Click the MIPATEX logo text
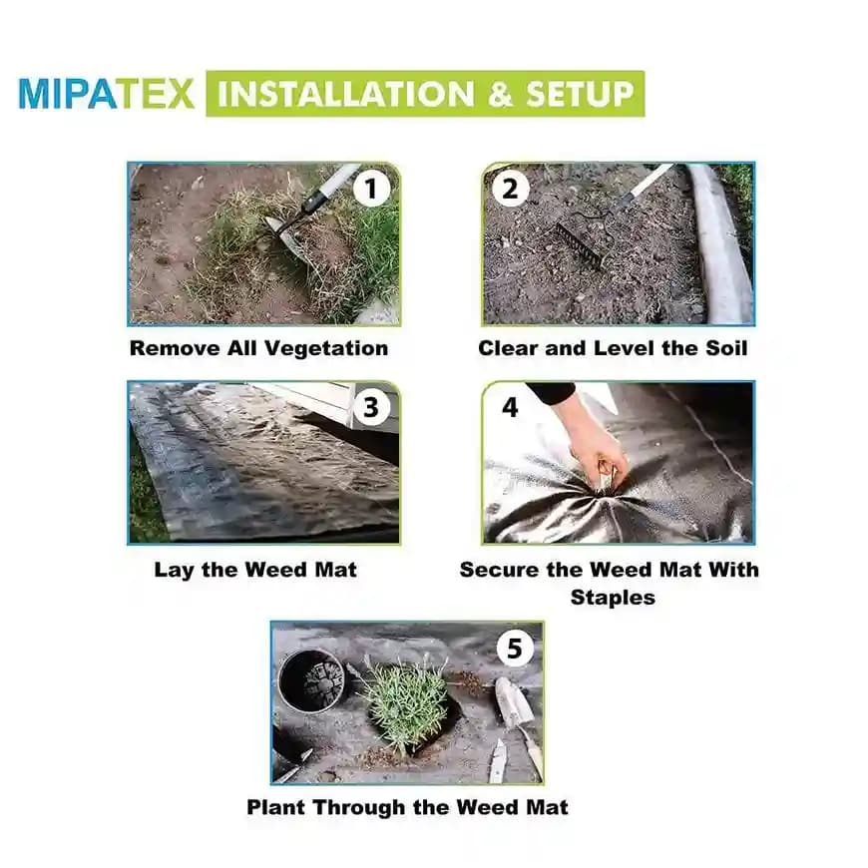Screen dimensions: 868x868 point(107,94)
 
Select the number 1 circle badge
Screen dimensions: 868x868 point(371,189)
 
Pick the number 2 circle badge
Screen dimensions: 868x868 point(510,189)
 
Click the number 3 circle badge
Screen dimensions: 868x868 point(371,407)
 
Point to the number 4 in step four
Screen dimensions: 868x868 point(510,407)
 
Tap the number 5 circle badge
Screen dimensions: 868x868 point(514,650)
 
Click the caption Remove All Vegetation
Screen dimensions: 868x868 point(258,348)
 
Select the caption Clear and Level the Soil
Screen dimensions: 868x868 point(613,348)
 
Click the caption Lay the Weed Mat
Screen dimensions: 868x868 point(254,570)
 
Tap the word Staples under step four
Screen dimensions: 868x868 point(613,597)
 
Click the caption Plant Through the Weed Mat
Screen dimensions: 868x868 point(407,806)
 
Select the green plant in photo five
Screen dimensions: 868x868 point(403,698)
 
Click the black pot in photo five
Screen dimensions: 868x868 point(310,680)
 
